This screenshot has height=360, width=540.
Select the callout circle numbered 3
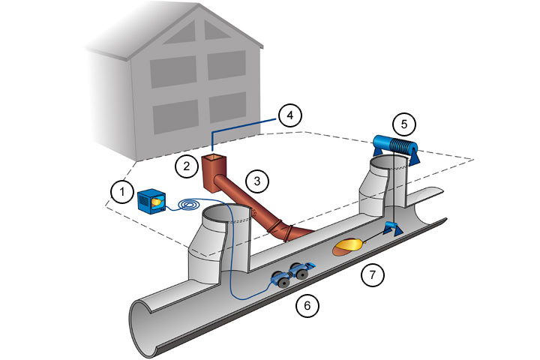(x=256, y=181)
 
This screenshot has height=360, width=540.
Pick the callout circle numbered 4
(x=289, y=116)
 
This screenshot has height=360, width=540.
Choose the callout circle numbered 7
(x=372, y=275)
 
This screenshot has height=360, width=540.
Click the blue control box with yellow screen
(x=153, y=201)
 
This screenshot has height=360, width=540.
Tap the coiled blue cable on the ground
(x=189, y=204)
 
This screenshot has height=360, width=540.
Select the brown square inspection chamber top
(x=215, y=160)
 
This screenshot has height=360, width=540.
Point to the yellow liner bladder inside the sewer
(x=349, y=245)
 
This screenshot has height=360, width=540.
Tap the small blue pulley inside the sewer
(x=391, y=228)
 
